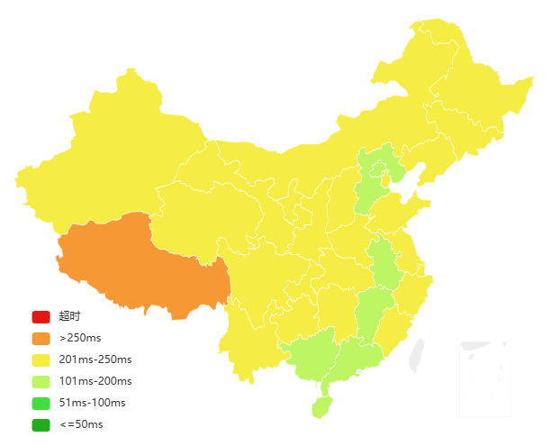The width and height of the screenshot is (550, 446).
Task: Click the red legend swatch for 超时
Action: (x=41, y=316)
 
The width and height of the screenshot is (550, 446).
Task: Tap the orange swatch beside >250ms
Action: (x=41, y=338)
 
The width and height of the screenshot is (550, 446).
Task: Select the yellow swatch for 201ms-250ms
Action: (x=41, y=360)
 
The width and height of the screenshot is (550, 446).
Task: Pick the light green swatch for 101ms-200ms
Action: (x=41, y=381)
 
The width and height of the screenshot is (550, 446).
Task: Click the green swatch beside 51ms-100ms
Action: (x=41, y=403)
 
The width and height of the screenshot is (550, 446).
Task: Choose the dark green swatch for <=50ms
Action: (x=41, y=424)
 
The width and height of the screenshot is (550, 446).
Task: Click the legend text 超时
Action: (x=69, y=316)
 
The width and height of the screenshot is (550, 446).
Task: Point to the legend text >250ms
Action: (x=79, y=338)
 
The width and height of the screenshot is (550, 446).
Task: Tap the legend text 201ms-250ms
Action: (x=94, y=360)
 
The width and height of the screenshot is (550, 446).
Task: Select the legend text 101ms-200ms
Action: (x=95, y=381)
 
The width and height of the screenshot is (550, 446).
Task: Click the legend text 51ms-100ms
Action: (x=92, y=403)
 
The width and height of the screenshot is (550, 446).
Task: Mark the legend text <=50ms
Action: (x=81, y=424)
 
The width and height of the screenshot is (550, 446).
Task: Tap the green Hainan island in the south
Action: (x=322, y=406)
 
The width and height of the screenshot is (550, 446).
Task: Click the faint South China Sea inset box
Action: (x=484, y=378)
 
